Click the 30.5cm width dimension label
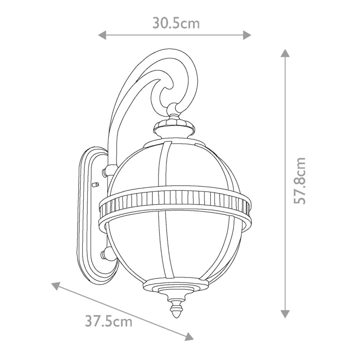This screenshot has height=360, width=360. [x=176, y=23]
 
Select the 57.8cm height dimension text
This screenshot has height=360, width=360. [x=299, y=180]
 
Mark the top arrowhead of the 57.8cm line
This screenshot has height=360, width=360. [x=285, y=54]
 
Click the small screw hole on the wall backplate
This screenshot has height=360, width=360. [x=95, y=182]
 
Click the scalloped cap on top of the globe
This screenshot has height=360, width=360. [x=174, y=124]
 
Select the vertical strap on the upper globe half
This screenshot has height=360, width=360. [x=167, y=164]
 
